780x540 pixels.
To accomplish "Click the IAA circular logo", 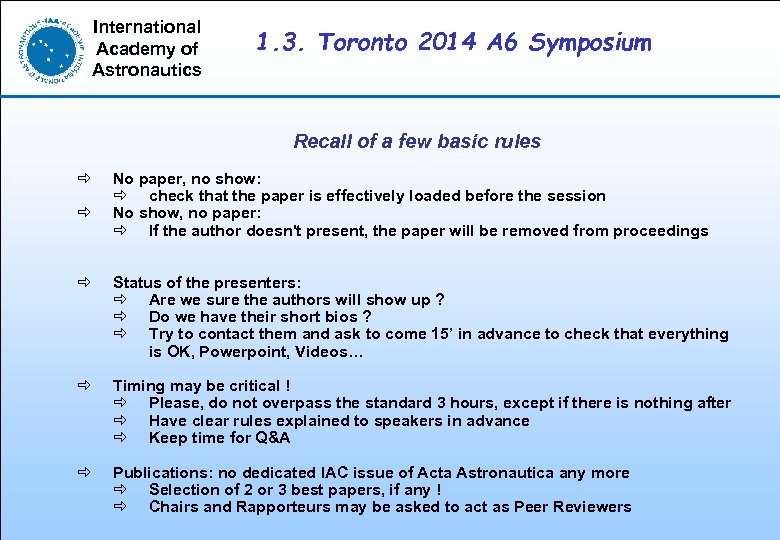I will [49, 48].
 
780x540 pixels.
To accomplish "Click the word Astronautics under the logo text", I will [147, 70].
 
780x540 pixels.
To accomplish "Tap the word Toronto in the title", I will [361, 43].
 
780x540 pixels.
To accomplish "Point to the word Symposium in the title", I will [590, 43].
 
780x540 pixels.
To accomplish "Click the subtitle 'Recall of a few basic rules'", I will [417, 142].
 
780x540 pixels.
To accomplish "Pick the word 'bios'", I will [340, 317].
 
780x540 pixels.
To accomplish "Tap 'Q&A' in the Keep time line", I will [270, 438].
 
